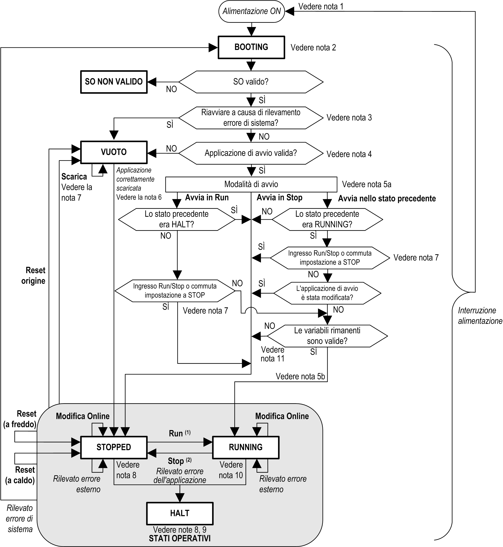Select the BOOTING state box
pyautogui.click(x=251, y=47)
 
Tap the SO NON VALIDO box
pyautogui.click(x=114, y=82)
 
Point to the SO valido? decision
pyautogui.click(x=251, y=82)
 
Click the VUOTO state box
pyautogui.click(x=114, y=152)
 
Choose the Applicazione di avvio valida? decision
pyautogui.click(x=251, y=153)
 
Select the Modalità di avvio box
pyautogui.click(x=251, y=184)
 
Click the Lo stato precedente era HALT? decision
pyautogui.click(x=177, y=219)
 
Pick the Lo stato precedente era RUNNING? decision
pyautogui.click(x=327, y=219)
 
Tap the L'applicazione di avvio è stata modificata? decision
pyautogui.click(x=327, y=293)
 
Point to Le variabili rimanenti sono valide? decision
pyautogui.click(x=327, y=336)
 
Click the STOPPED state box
pyautogui.click(x=114, y=447)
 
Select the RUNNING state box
pyautogui.click(x=245, y=447)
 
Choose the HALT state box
pyautogui.click(x=180, y=513)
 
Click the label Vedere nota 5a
pyautogui.click(x=367, y=184)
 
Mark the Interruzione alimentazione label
pyautogui.click(x=480, y=315)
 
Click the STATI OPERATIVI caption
pyautogui.click(x=180, y=538)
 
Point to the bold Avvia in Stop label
pyautogui.click(x=279, y=198)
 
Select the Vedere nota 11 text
pyautogui.click(x=272, y=354)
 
